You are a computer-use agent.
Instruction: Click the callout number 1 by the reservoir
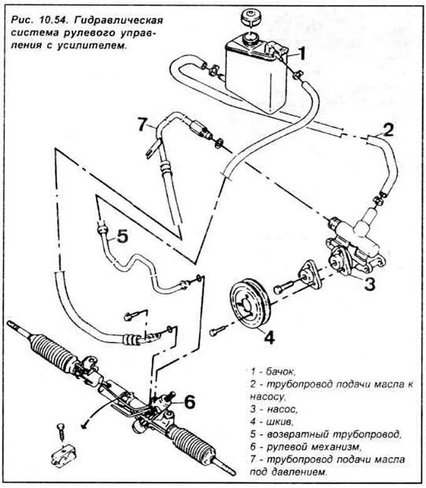(x=301, y=54)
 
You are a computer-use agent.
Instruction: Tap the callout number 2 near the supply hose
(x=388, y=130)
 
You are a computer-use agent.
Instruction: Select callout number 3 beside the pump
(x=370, y=284)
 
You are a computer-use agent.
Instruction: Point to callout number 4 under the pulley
(x=269, y=337)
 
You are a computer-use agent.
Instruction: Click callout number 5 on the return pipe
(x=122, y=236)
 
